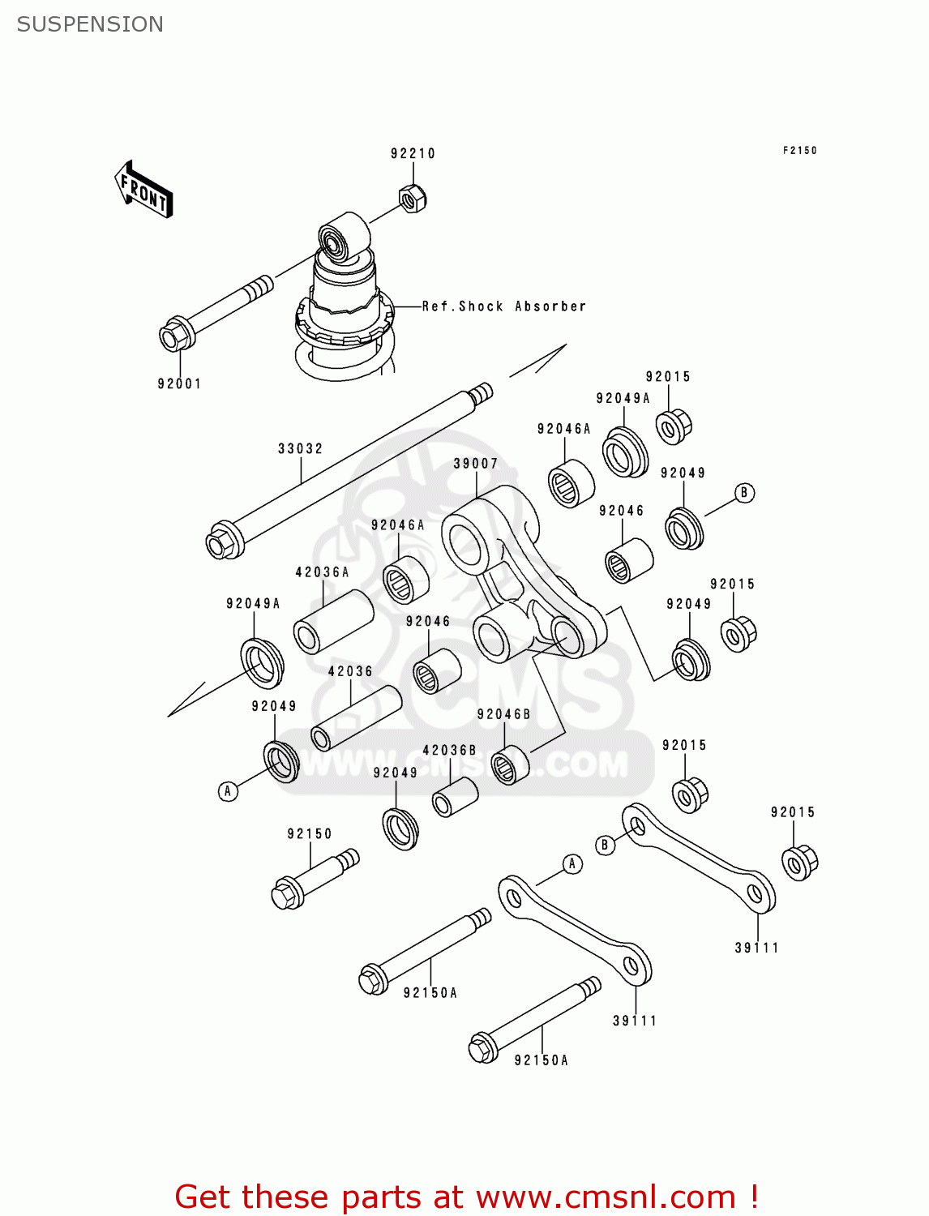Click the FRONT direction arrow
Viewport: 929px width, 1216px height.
143,190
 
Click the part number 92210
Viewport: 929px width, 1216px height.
413,153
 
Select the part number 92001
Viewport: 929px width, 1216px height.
179,383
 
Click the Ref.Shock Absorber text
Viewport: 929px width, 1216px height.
503,306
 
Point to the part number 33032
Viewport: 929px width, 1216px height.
300,448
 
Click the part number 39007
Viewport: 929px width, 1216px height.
475,464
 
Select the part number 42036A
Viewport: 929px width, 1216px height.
322,572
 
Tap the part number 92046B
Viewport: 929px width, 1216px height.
503,714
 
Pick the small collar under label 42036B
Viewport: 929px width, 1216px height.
455,798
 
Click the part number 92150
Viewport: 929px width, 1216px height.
310,833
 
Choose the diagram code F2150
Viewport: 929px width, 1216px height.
799,150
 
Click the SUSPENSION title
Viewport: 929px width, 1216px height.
90,24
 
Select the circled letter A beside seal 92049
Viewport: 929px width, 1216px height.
229,790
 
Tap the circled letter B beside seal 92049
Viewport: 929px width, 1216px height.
744,493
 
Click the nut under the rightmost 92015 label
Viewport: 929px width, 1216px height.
799,862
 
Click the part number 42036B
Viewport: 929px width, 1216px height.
449,751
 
